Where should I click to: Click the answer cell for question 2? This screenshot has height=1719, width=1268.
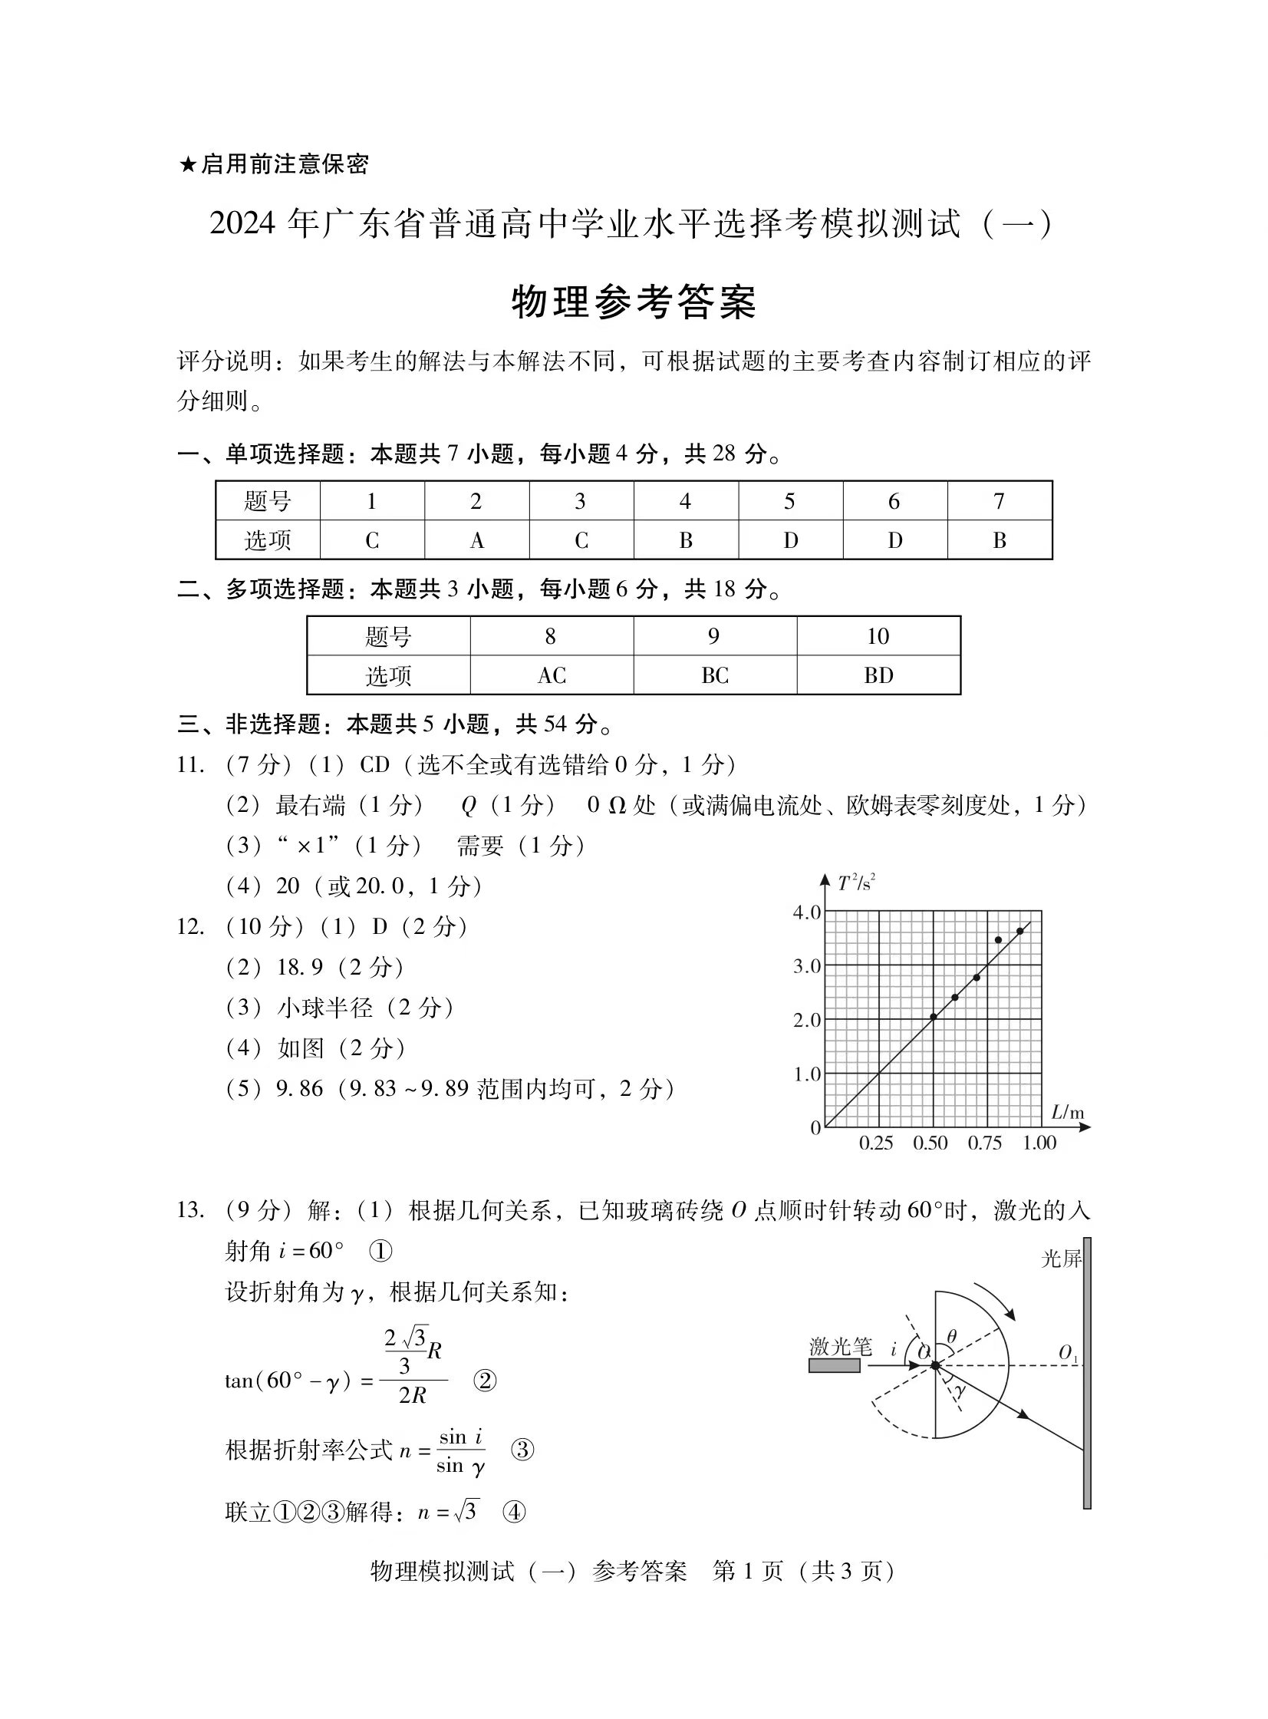pyautogui.click(x=476, y=540)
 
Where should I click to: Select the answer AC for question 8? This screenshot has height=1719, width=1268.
pyautogui.click(x=552, y=675)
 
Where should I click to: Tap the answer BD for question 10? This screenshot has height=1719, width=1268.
pyautogui.click(x=878, y=675)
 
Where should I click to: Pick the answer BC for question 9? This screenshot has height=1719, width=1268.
pyautogui.click(x=715, y=675)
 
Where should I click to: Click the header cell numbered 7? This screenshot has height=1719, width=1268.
pyautogui.click(x=999, y=501)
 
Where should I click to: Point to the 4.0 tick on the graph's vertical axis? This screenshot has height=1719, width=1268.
pyautogui.click(x=807, y=912)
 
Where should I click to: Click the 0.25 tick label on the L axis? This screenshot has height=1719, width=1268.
pyautogui.click(x=876, y=1143)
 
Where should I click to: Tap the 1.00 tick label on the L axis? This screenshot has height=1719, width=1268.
pyautogui.click(x=1039, y=1143)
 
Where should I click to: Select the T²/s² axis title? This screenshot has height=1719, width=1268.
pyautogui.click(x=857, y=883)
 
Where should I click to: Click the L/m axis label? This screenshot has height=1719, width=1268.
pyautogui.click(x=1067, y=1113)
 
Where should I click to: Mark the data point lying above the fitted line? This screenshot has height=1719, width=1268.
pyautogui.click(x=998, y=940)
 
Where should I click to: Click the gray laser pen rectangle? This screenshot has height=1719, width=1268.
pyautogui.click(x=835, y=1366)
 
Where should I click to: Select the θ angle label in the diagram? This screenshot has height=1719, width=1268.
pyautogui.click(x=952, y=1337)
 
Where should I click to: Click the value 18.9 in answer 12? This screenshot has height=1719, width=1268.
pyautogui.click(x=299, y=968)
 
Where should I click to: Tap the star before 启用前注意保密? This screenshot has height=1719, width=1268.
pyautogui.click(x=187, y=164)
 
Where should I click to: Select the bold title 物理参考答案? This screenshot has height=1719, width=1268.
pyautogui.click(x=634, y=302)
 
